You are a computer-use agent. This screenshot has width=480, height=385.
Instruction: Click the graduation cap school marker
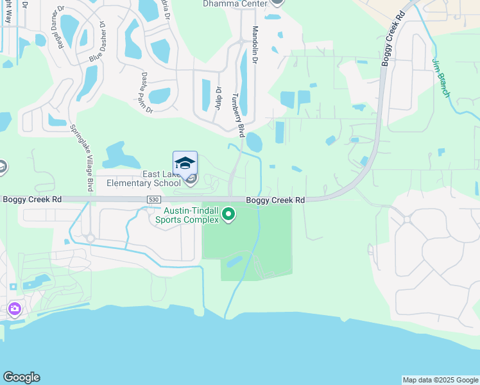pyautogui.click(x=185, y=162)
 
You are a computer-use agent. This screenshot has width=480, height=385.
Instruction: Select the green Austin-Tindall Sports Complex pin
pyautogui.click(x=226, y=220)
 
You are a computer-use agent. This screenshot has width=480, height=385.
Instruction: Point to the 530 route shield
pyautogui.click(x=153, y=200)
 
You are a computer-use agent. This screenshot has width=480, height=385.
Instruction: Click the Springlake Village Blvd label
pyautogui.click(x=81, y=158)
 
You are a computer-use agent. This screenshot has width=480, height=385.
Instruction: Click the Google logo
pyautogui.click(x=21, y=377)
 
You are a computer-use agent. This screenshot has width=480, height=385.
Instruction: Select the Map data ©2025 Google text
pyautogui.click(x=440, y=380)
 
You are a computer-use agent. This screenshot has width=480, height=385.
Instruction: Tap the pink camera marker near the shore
pyautogui.click(x=14, y=310)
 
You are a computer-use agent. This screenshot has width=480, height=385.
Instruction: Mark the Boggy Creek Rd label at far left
pyautogui.click(x=32, y=200)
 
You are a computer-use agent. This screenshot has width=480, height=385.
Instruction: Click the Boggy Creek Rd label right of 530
pyautogui.click(x=275, y=200)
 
